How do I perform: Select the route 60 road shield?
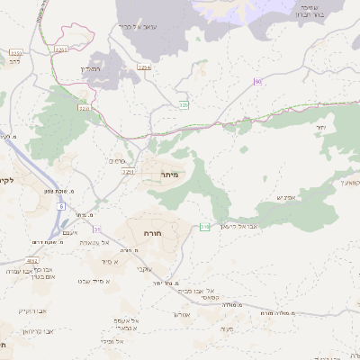click(x=258, y=82)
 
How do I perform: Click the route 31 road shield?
click(x=96, y=229)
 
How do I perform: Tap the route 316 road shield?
click(x=204, y=226)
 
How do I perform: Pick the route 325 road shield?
click(x=184, y=105)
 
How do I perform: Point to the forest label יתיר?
click(x=319, y=129)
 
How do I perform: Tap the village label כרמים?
click(x=115, y=161)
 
